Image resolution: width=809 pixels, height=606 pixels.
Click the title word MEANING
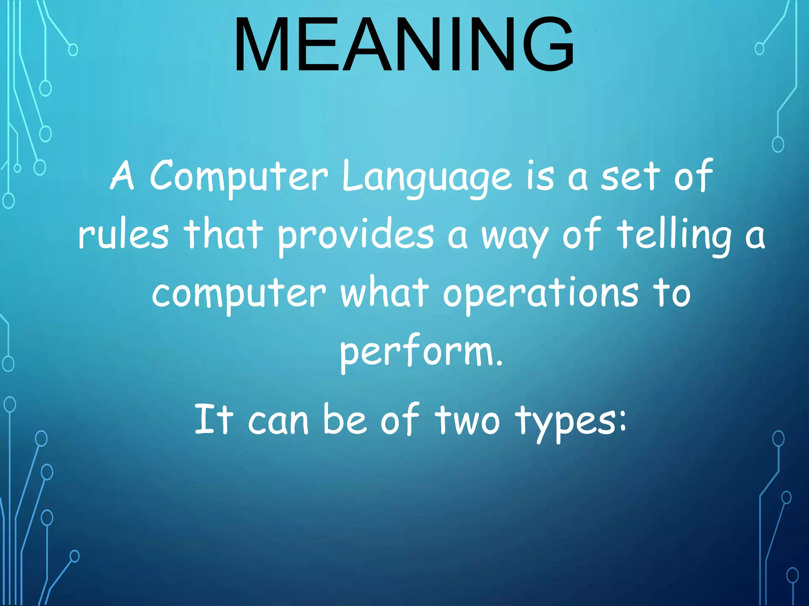click(x=404, y=44)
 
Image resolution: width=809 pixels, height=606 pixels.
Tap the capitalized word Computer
click(x=239, y=176)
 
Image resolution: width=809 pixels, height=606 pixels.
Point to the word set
click(x=630, y=176)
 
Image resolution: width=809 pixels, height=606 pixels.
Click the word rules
click(x=124, y=235)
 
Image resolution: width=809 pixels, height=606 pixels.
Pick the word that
click(x=223, y=234)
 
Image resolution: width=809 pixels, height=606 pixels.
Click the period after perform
click(x=500, y=363)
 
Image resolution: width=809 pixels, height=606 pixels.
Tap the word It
click(x=214, y=419)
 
